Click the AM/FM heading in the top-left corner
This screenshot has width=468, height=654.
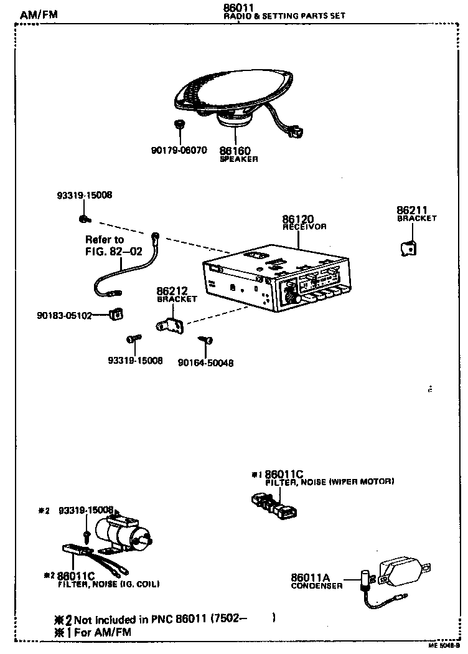(38, 14)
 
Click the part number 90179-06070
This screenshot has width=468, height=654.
(179, 151)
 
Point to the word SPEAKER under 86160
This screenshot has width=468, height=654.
(238, 159)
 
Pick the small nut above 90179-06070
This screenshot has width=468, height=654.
(179, 125)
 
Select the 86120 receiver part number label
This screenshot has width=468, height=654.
(297, 219)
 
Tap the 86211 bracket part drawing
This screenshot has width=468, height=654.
(408, 248)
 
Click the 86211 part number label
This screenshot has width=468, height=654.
(412, 211)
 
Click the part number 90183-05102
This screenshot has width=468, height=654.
(64, 315)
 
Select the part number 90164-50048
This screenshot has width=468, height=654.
(205, 363)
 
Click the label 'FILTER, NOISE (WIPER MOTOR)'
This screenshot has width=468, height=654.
(329, 482)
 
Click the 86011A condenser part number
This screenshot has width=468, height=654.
(311, 577)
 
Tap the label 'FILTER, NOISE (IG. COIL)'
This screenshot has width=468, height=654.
(108, 584)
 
